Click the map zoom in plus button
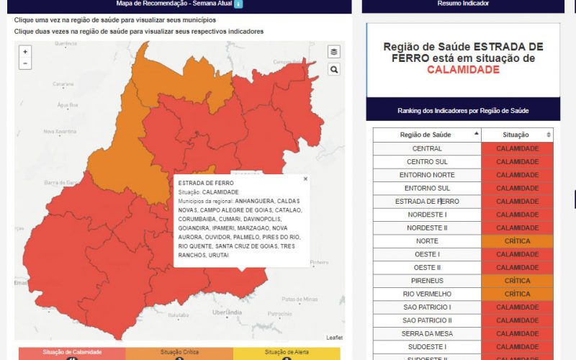point(25,52)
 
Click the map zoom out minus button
point(25,63)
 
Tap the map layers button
point(333,52)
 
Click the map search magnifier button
point(333,69)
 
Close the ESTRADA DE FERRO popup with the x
point(305,179)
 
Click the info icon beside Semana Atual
point(239,4)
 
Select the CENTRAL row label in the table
point(427,148)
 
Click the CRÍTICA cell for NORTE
point(517,241)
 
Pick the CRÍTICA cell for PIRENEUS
point(517,281)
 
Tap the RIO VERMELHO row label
point(427,294)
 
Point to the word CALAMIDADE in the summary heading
point(463,70)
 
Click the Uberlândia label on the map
point(228,312)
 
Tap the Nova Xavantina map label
point(59,131)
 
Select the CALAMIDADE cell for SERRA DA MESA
point(517,333)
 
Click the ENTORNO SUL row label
point(427,188)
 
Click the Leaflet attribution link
point(334,338)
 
